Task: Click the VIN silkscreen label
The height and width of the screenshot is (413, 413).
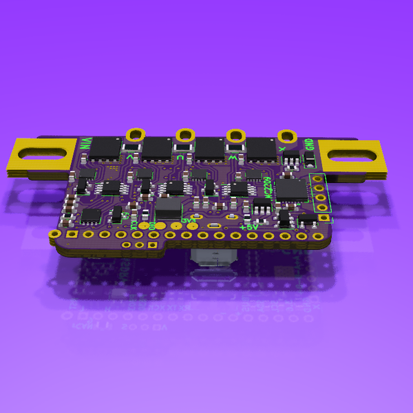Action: pyautogui.click(x=85, y=145)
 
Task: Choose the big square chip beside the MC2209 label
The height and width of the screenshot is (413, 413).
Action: pyautogui.click(x=292, y=191)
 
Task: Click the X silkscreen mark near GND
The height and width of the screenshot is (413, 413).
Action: pyautogui.click(x=282, y=147)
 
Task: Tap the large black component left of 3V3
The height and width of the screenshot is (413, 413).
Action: pyautogui.click(x=168, y=207)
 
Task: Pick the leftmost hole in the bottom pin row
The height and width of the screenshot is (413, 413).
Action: pyautogui.click(x=54, y=235)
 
